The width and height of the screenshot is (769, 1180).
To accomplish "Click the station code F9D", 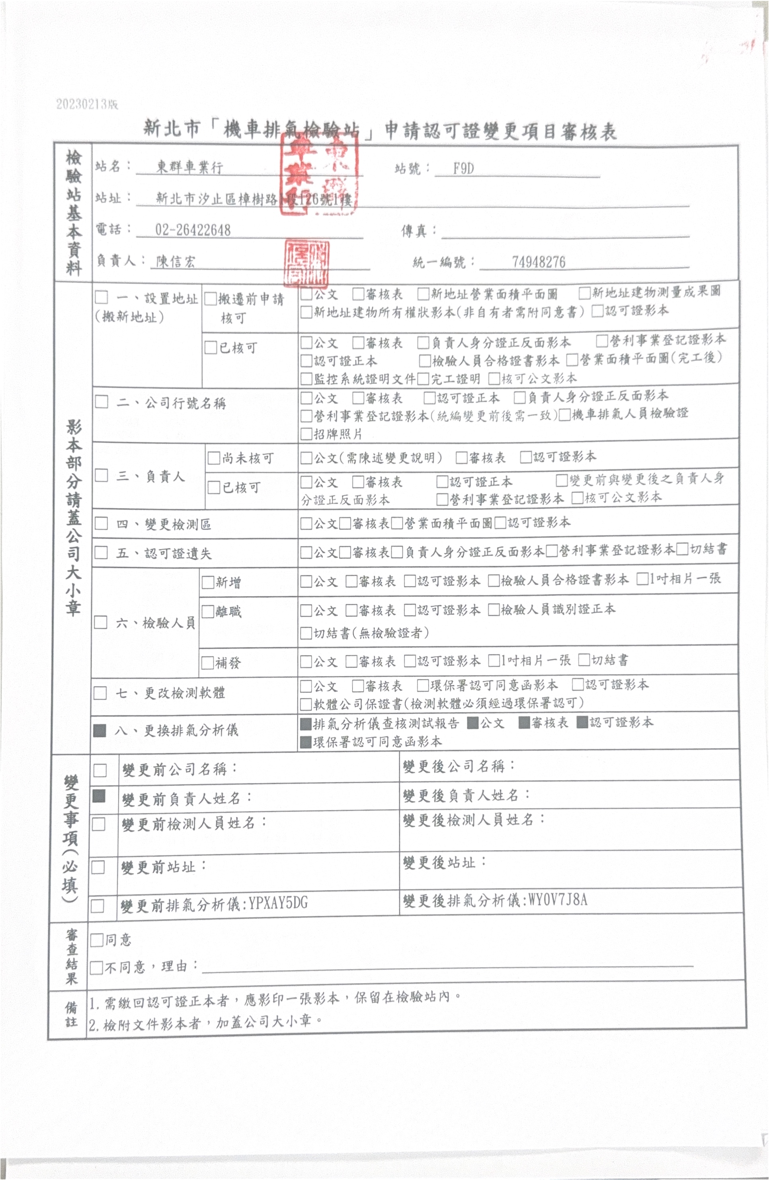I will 463,169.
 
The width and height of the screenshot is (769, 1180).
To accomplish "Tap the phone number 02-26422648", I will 193,230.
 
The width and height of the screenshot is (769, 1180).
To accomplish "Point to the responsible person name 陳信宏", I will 176,261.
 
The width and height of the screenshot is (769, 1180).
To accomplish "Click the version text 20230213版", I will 87,104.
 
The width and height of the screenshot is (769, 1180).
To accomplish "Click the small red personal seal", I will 306,264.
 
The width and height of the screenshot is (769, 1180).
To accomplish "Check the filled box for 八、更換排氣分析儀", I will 100,730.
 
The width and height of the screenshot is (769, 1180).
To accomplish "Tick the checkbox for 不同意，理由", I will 96,967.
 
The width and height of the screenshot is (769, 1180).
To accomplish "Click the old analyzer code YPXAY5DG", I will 278,903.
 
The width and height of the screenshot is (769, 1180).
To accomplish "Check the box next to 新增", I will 207,582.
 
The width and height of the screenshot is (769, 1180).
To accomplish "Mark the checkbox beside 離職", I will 207,612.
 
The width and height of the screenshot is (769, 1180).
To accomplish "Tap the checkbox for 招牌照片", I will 306,435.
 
